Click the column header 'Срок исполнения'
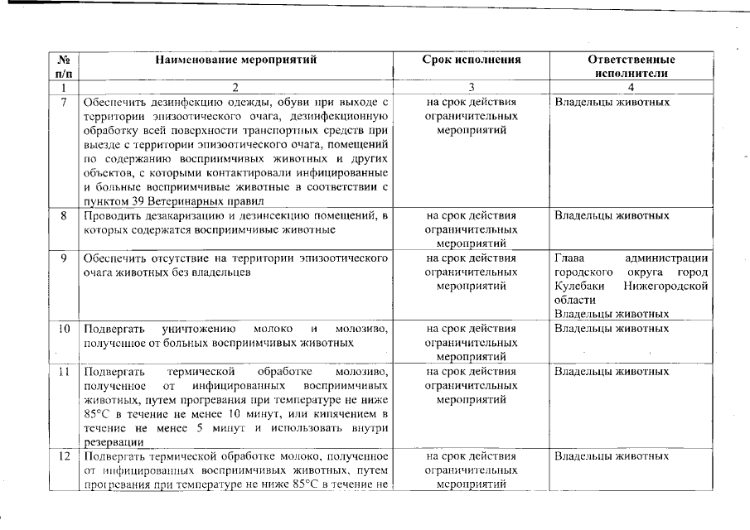pyautogui.click(x=471, y=60)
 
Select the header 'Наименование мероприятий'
pyautogui.click(x=235, y=60)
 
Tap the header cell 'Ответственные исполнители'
pyautogui.click(x=631, y=66)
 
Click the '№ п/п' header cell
pyautogui.click(x=64, y=66)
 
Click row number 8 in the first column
pyautogui.click(x=64, y=216)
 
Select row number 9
pyautogui.click(x=64, y=258)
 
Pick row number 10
pyautogui.click(x=64, y=329)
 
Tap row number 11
pyautogui.click(x=64, y=371)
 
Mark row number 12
pyautogui.click(x=64, y=456)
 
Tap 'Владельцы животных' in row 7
pyautogui.click(x=612, y=103)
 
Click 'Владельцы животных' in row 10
pyautogui.click(x=612, y=329)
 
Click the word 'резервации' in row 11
pyautogui.click(x=110, y=442)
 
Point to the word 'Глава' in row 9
pyautogui.click(x=569, y=258)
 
